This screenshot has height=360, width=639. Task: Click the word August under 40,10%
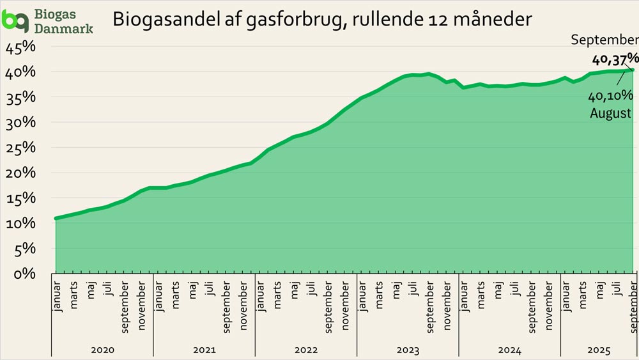click(611, 113)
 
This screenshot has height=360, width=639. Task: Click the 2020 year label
click(102, 350)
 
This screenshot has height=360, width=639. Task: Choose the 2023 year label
click(408, 350)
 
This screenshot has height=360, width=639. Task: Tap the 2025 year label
click(599, 350)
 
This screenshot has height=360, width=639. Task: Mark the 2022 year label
click(306, 350)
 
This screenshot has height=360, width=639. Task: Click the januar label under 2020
click(57, 297)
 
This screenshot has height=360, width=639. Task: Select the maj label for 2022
click(295, 290)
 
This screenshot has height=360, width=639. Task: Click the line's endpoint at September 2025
click(633, 70)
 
